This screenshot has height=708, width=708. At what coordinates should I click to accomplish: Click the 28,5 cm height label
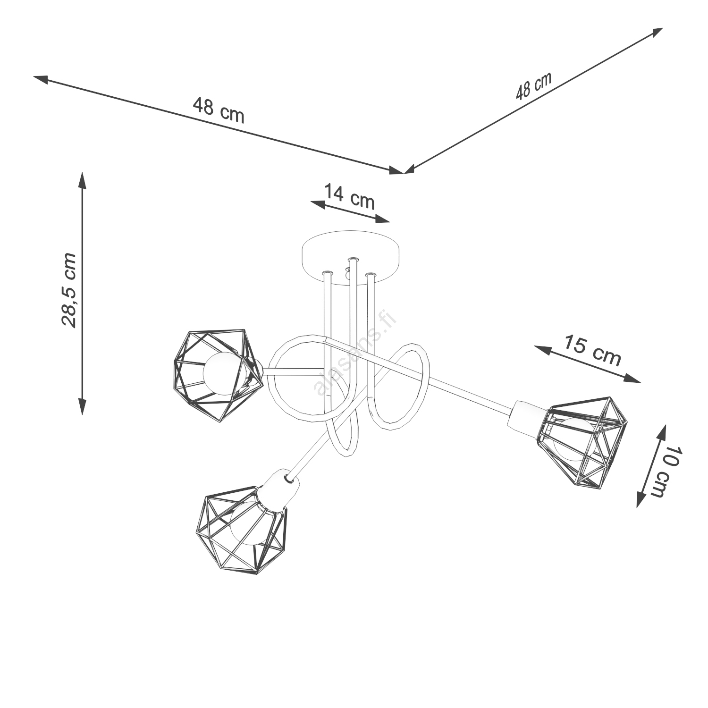coord(69,290)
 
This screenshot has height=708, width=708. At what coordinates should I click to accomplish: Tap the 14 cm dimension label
coord(350,196)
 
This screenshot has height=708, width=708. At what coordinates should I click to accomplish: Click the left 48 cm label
coord(219,110)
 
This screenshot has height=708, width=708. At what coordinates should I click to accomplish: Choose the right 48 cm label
coord(533,86)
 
